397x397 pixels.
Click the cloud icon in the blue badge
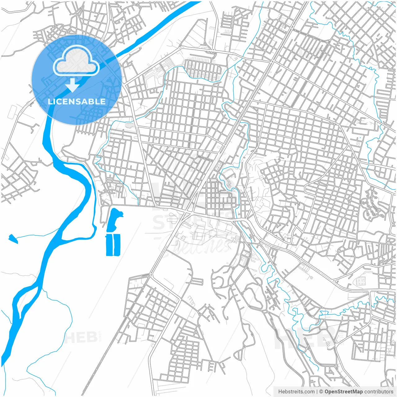(x=76, y=61)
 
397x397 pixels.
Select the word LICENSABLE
(x=76, y=101)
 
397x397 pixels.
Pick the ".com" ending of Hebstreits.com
(x=309, y=392)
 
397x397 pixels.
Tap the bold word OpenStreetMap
(x=344, y=392)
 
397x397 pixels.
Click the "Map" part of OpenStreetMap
(x=357, y=392)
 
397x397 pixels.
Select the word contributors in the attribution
(x=379, y=392)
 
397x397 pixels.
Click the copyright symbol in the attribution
(x=321, y=392)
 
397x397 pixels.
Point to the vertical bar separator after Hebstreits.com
(x=317, y=392)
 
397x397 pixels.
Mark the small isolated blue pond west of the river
(x=13, y=238)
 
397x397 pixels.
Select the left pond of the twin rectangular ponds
(x=109, y=245)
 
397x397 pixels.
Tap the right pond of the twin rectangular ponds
(x=117, y=245)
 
